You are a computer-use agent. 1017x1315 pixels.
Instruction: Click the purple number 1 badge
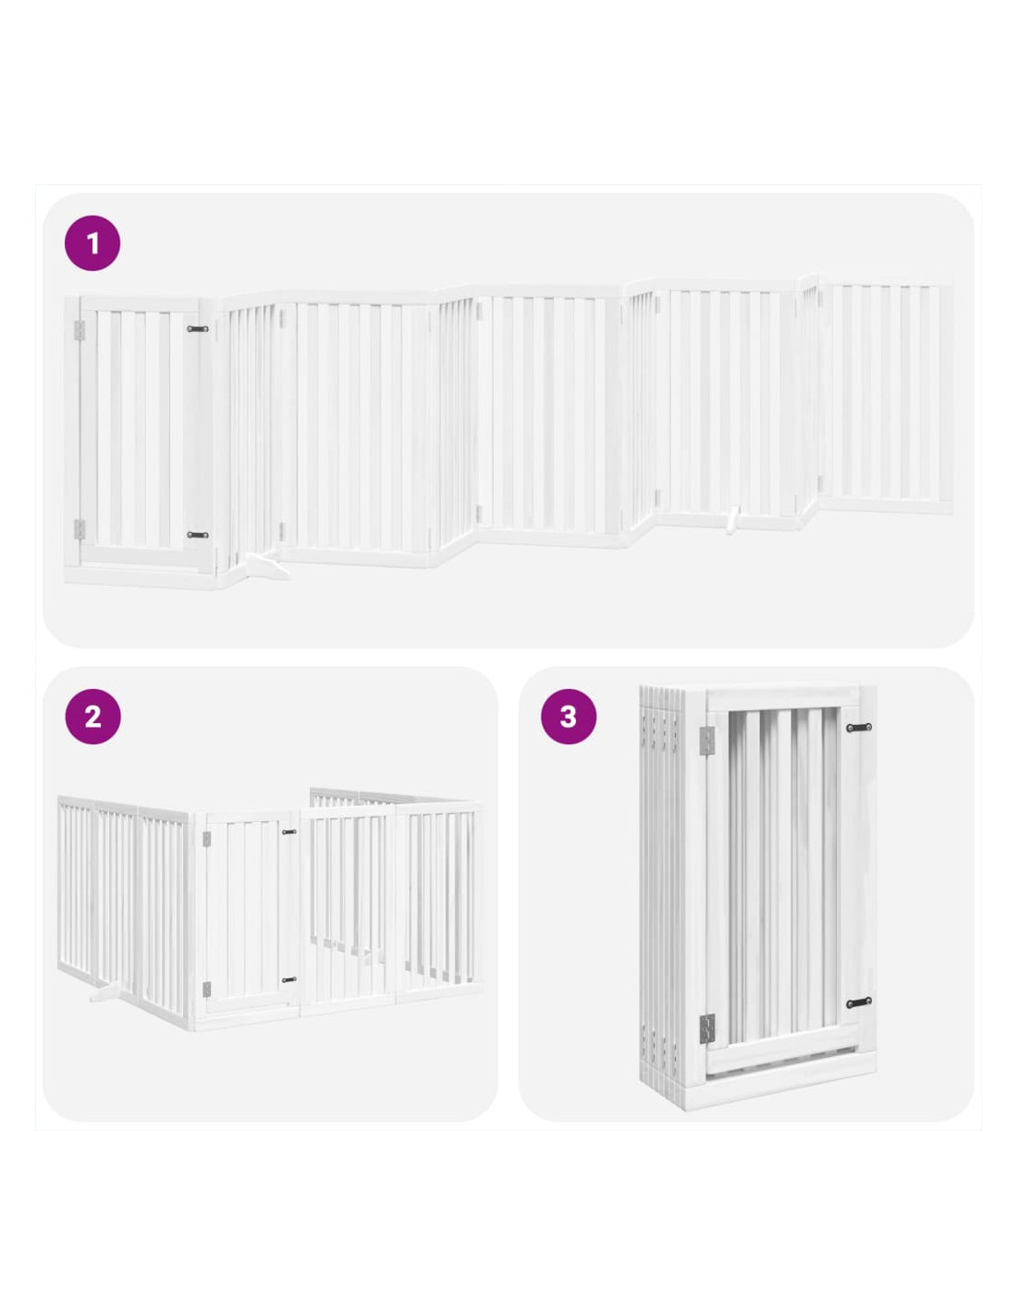pyautogui.click(x=92, y=243)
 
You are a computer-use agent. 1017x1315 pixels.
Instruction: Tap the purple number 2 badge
pyautogui.click(x=92, y=717)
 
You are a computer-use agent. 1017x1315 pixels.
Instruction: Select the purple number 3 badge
pyautogui.click(x=568, y=717)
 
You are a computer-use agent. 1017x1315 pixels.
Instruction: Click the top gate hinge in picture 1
pyautogui.click(x=79, y=330)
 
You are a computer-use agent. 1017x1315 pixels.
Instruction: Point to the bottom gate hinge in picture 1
pyautogui.click(x=79, y=528)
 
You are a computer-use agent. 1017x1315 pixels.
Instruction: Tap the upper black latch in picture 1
pyautogui.click(x=197, y=328)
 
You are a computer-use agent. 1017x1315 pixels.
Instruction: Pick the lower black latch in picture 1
pyautogui.click(x=197, y=535)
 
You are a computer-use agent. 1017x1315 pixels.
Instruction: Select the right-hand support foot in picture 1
pyautogui.click(x=733, y=520)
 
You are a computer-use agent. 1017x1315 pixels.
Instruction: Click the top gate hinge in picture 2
pyautogui.click(x=206, y=839)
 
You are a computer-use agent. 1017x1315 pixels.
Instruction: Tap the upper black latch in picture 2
pyautogui.click(x=289, y=832)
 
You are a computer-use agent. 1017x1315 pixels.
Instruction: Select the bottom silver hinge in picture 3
pyautogui.click(x=707, y=1026)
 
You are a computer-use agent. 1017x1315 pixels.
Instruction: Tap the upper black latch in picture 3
pyautogui.click(x=859, y=727)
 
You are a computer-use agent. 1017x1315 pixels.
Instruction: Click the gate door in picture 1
pyautogui.click(x=141, y=431)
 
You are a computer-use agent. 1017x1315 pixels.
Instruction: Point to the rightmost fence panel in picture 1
pyautogui.click(x=885, y=399)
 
